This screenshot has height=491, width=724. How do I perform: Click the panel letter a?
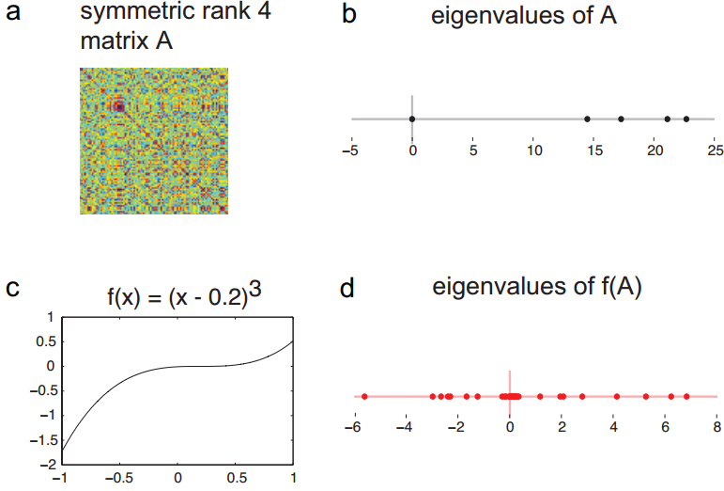pos(13,12)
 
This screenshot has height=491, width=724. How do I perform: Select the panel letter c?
pos(12,288)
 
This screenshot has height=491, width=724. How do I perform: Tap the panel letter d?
pos(347,288)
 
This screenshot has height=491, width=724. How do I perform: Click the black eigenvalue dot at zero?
pos(412,119)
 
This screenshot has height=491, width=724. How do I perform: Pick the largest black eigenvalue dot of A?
pos(686,119)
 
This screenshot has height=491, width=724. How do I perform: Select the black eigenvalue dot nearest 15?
pos(587,119)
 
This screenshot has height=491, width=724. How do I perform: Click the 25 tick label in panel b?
pos(716,150)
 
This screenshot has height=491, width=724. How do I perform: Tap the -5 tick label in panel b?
pos(350,150)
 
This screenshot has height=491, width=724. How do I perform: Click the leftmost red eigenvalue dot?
pos(364,397)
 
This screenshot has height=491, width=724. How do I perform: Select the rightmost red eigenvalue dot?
pos(686,397)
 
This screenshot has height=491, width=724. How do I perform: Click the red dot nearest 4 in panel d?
pos(616,397)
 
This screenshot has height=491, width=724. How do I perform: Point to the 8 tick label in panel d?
pos(717,427)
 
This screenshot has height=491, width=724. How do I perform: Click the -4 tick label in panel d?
pos(405,427)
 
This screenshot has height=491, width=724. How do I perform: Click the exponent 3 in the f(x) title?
pos(255,290)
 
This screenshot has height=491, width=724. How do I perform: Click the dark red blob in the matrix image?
pos(119,107)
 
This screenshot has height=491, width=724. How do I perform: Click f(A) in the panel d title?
pos(621,288)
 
